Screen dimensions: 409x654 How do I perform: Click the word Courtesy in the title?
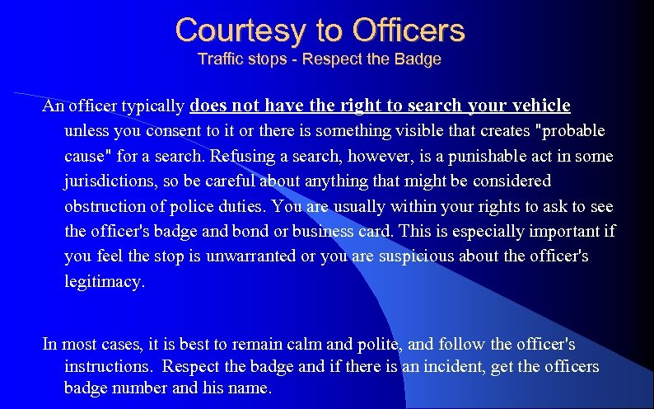tap(240, 31)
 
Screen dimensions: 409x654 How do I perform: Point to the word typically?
tap(153, 106)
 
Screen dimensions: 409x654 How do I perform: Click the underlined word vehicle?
tap(540, 106)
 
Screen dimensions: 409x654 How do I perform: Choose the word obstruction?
tap(107, 205)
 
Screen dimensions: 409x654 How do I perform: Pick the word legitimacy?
tap(104, 281)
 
